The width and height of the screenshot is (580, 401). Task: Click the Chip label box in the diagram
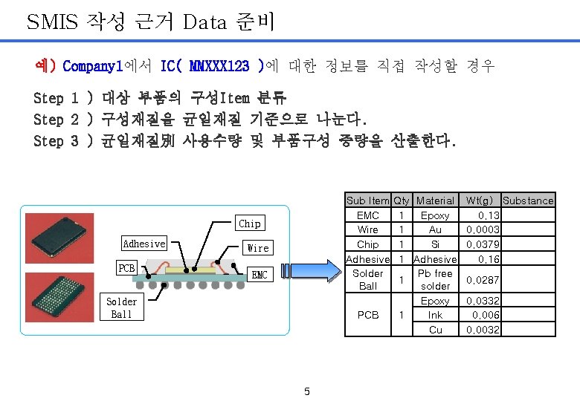[x=250, y=223]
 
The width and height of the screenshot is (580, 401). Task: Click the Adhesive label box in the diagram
[x=144, y=244]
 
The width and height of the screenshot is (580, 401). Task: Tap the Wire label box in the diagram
[x=258, y=247]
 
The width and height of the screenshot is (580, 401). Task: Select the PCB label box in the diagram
[x=126, y=267]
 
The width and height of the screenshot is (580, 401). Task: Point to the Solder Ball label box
[x=121, y=307]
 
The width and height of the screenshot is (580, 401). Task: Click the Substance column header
[x=528, y=200]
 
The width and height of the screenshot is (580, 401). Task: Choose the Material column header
[x=435, y=200]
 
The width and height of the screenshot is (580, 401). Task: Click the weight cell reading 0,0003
[x=483, y=229]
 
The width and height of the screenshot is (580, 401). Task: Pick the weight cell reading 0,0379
[x=483, y=244]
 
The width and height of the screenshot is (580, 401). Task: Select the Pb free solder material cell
[x=435, y=279]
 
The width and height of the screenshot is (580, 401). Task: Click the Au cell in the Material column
[x=435, y=229]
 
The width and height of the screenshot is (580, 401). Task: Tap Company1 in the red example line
[x=92, y=66]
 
